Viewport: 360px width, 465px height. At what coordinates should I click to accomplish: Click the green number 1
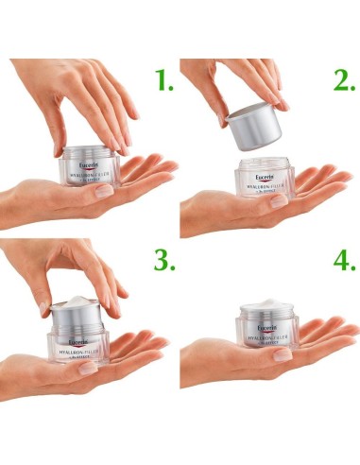[x=165, y=82]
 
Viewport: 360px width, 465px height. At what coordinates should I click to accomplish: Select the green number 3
[x=165, y=260]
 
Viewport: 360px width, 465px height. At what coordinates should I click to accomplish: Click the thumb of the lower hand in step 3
[x=90, y=367]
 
